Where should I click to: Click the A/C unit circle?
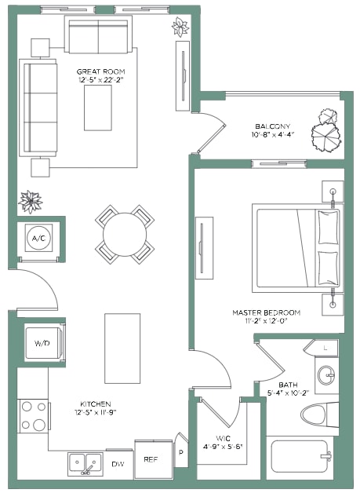pos(38,238)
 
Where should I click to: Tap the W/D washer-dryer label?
pos(42,343)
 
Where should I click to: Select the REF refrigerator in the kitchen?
pos(154,459)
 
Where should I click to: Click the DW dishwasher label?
pos(118,464)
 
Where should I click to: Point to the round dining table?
pos(125,235)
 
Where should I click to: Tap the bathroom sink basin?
pos(326,375)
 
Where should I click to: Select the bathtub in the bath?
pos(300,456)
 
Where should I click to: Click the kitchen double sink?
pos(85,464)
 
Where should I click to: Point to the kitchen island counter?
pos(122,349)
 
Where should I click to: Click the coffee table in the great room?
pos(98,108)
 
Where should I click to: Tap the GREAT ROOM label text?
pos(101,71)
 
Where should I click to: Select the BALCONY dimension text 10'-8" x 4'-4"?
pos(272,134)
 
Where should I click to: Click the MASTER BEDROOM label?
pos(267,312)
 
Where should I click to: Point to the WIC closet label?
pos(223,438)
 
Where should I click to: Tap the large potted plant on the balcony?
pos(326,137)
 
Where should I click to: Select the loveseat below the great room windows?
pos(98,35)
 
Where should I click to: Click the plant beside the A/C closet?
pos(30,202)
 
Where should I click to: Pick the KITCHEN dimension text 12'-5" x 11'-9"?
pos(96,412)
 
